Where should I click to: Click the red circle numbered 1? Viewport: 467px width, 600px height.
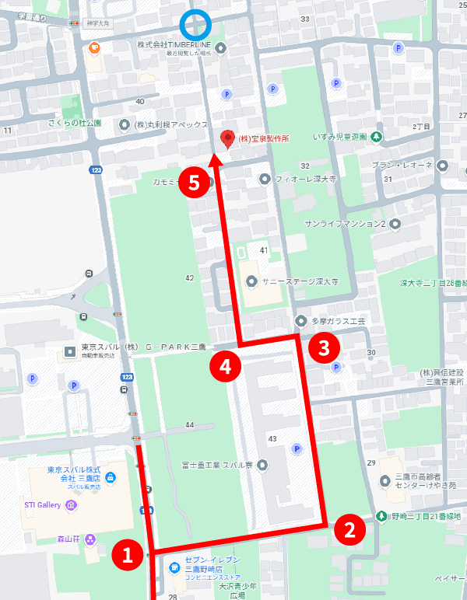128,554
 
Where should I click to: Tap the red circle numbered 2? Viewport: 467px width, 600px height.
350,531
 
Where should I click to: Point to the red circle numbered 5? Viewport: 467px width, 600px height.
194,183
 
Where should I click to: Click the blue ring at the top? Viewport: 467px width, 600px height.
195,25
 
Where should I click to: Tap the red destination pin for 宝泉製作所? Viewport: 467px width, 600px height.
228,138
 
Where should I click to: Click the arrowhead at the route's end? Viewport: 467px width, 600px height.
216,161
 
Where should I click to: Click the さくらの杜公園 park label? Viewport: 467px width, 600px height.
75,124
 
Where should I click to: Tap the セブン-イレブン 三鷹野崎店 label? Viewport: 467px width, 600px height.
212,565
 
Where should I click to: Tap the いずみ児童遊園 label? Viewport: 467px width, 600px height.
339,137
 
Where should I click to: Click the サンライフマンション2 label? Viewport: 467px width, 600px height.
346,225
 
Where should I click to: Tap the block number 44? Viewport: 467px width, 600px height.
189,425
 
